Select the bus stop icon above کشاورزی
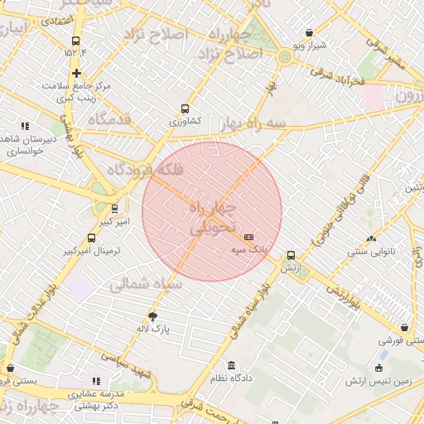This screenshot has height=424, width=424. click(x=184, y=108)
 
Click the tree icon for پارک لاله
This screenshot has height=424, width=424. click(x=152, y=316)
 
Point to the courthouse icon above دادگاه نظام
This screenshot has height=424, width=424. click(x=230, y=365)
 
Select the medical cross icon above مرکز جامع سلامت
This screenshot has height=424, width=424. click(x=76, y=73)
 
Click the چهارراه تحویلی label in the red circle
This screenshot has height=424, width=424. click(x=214, y=215)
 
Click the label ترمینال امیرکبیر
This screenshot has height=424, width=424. click(x=94, y=249)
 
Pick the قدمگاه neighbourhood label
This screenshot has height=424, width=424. click(x=103, y=120)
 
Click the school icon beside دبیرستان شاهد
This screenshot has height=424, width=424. click(x=24, y=126)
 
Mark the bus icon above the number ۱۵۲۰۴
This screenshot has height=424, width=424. click(x=76, y=41)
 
